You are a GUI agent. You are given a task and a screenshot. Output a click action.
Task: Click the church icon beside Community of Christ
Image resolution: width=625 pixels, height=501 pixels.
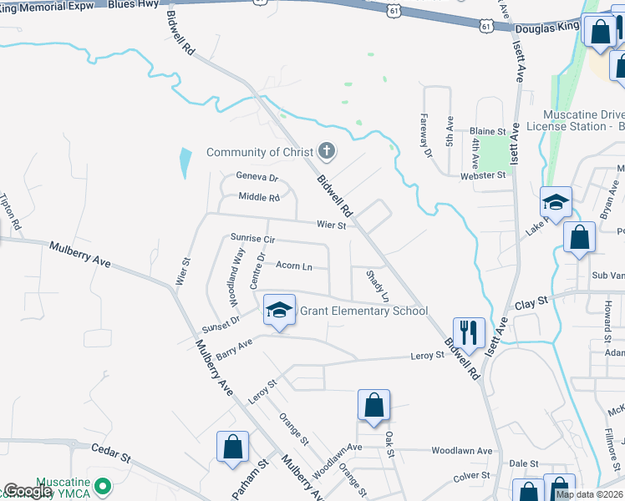click(x=327, y=152)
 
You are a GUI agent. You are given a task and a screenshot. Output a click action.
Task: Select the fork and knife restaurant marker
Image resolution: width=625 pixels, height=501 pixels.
click(x=469, y=332)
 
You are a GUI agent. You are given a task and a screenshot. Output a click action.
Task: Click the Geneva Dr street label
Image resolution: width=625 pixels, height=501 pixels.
click(x=257, y=177)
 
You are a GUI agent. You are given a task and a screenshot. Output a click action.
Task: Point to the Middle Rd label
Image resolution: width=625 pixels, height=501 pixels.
click(x=259, y=198)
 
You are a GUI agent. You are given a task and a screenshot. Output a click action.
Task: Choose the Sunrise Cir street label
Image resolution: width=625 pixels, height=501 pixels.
click(x=252, y=239)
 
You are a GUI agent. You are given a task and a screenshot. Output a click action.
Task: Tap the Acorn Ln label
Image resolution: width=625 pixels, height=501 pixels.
click(x=293, y=266)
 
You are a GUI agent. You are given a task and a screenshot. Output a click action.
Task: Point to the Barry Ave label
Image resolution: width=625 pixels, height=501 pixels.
click(x=234, y=349)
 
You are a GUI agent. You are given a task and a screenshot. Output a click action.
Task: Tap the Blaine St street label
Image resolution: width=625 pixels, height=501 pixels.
click(x=488, y=132)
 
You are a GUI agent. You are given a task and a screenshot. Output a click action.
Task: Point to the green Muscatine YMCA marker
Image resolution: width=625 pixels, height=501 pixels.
click(x=103, y=485)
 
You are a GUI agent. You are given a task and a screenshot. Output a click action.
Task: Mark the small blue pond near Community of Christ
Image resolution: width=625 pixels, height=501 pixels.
click(x=184, y=162)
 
